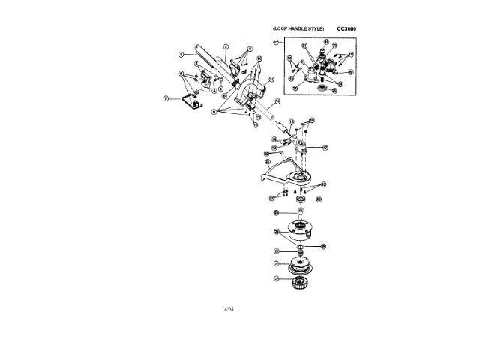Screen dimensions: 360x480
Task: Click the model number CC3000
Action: [x=347, y=28]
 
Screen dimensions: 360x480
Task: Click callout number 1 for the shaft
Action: [x=181, y=54]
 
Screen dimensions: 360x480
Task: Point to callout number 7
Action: [x=166, y=97]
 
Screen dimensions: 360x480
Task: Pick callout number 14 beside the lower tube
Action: [x=276, y=100]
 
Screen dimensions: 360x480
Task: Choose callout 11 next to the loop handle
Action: [x=271, y=79]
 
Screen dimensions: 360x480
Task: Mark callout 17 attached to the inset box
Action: [x=276, y=42]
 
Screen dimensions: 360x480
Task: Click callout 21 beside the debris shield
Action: [x=268, y=161]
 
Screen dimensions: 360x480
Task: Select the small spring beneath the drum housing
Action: [x=298, y=250]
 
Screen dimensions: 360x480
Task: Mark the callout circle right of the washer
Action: [x=323, y=246]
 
